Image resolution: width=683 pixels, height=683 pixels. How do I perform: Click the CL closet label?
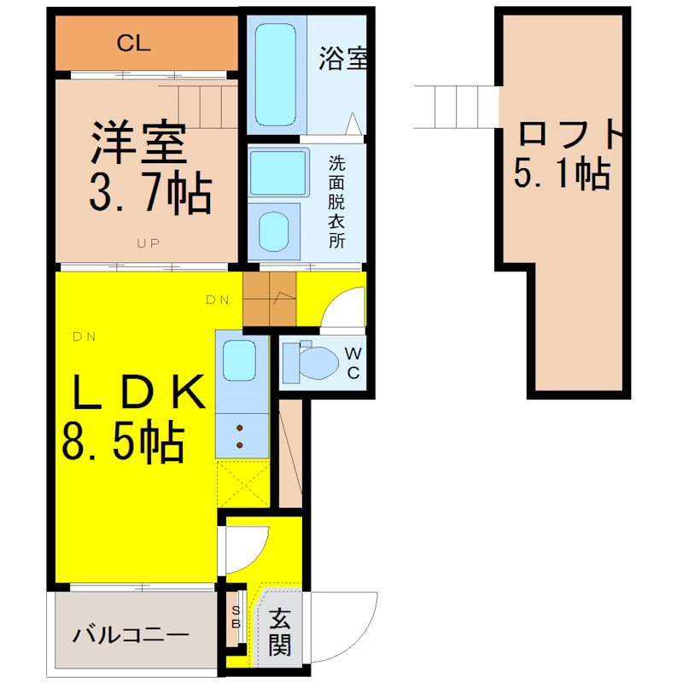coord(133,44)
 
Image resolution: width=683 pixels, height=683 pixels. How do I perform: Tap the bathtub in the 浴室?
coord(275,74)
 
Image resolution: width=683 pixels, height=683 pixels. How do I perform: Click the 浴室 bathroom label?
coord(343,58)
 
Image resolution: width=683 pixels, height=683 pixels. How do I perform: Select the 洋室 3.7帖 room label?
coord(150,167)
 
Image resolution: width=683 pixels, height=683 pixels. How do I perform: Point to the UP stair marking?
coord(148,243)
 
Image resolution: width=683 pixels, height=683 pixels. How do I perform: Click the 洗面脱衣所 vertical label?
coord(336,202)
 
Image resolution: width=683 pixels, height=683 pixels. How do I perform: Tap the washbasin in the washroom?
coord(278,173)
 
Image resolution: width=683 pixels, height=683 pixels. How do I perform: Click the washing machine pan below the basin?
coord(274,231)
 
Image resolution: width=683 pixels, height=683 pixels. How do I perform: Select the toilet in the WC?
coord(310,361)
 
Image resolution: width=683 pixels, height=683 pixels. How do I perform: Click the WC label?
coord(353,364)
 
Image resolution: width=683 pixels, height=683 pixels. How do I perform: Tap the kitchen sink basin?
coord(239,360)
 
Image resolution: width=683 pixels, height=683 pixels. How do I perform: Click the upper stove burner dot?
coord(240,429)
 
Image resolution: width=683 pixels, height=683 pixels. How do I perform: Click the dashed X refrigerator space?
coord(243,482)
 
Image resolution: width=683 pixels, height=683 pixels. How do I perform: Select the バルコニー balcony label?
coord(131,635)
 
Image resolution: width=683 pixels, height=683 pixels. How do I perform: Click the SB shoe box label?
coord(236,617)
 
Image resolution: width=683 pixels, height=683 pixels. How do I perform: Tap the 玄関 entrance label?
coord(279,633)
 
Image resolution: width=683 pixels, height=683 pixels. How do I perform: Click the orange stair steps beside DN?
coord(270,299)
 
